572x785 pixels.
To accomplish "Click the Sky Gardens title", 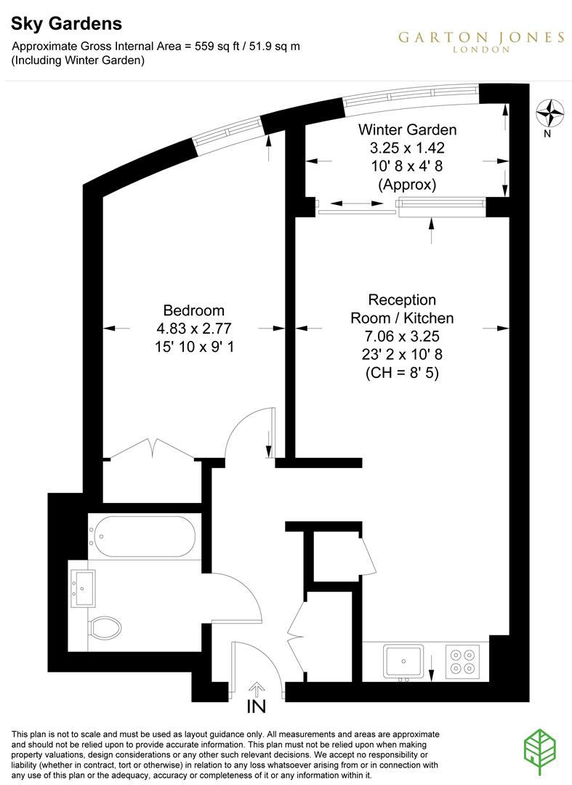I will click(65, 24).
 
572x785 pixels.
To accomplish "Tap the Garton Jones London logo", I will click(480, 41).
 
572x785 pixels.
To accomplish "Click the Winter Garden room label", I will click(407, 130).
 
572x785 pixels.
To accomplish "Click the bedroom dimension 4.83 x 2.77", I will click(193, 329).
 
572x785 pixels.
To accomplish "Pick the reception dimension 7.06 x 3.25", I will click(402, 337).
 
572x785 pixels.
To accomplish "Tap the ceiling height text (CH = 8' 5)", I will click(402, 374).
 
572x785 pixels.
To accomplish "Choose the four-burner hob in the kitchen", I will click(462, 661).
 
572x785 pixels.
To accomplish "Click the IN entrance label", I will click(257, 706).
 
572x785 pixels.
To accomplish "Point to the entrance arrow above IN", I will click(257, 688).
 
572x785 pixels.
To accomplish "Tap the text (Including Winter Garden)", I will click(78, 61).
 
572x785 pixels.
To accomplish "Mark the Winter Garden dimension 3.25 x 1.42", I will click(407, 148).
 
